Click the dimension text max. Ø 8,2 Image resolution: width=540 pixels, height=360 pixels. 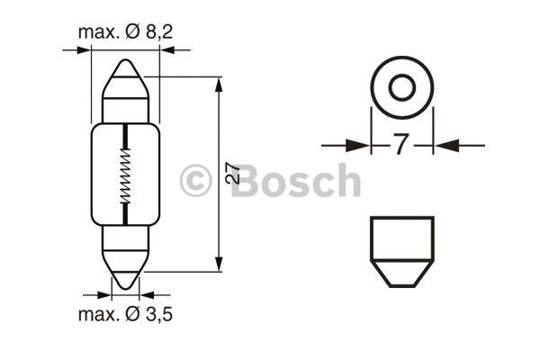(x=125, y=32)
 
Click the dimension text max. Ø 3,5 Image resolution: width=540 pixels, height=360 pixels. (x=125, y=314)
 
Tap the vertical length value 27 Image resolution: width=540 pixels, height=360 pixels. (x=233, y=172)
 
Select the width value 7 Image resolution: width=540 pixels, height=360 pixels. (x=401, y=144)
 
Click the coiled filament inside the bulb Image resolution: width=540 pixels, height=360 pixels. (x=126, y=175)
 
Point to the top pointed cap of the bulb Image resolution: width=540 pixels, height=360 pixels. (x=126, y=79)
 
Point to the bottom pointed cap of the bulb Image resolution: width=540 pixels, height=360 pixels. (x=126, y=269)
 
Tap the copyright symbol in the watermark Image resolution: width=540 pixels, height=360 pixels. (x=195, y=181)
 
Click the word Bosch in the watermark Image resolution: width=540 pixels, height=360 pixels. (x=295, y=180)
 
